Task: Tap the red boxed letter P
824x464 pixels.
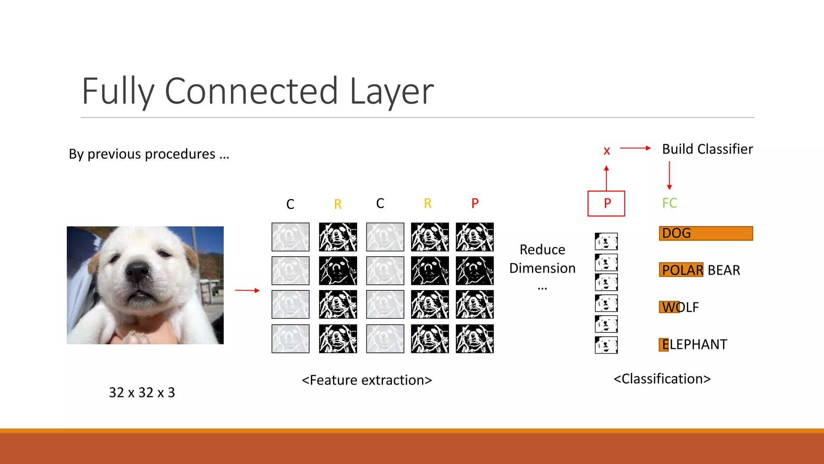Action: coord(606,203)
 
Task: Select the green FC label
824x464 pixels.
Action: coord(669,203)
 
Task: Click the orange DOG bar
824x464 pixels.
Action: coord(706,233)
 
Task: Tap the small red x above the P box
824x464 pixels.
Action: coord(607,151)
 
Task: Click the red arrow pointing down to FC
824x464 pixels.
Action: coord(669,176)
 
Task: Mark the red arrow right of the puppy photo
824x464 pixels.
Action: coord(247,290)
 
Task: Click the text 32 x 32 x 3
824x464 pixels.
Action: coord(142,392)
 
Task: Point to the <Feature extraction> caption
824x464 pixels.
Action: coord(367,380)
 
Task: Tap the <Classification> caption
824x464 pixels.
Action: coord(662,379)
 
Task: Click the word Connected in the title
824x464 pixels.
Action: coord(251,91)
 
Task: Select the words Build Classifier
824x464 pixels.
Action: coord(707,149)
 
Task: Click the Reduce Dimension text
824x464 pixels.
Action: coord(542,259)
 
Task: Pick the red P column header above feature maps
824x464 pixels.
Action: coord(475,203)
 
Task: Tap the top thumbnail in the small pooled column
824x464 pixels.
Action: coord(606,242)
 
